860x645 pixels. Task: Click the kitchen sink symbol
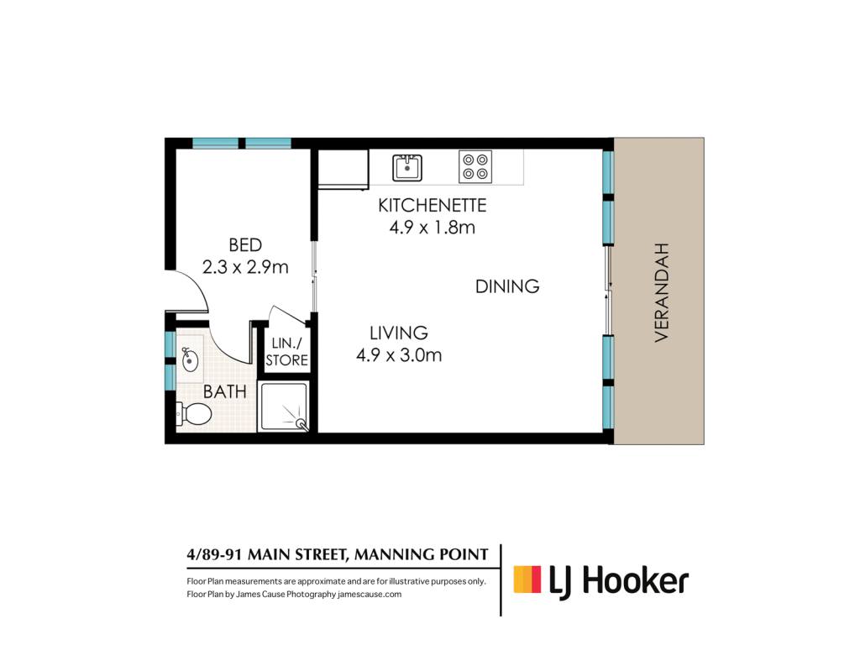407,168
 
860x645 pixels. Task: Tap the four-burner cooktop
475,167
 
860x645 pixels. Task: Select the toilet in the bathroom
194,414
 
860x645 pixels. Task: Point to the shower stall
284,406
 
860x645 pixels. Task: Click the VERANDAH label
662,292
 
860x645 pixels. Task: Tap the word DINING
507,286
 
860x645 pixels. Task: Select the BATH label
225,391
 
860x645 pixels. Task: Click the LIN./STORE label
287,352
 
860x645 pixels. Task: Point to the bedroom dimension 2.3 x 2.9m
245,267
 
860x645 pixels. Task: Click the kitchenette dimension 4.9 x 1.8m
433,227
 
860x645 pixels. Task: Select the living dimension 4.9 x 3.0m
399,355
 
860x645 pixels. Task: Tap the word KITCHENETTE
433,205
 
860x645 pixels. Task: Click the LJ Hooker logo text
619,581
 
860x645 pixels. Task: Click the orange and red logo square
527,579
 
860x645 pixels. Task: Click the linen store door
287,315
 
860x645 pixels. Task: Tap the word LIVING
399,333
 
